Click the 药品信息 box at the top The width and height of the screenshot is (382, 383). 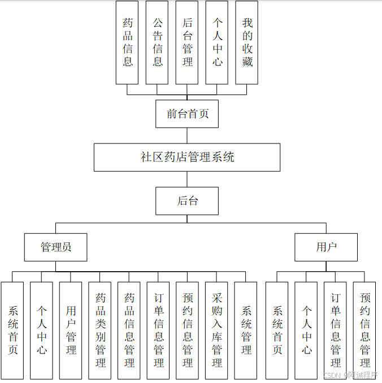[127, 42]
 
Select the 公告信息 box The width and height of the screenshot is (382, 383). [157, 42]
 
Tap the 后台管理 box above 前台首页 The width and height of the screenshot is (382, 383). [187, 42]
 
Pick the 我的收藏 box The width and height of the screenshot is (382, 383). [247, 42]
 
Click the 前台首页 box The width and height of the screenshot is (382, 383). [187, 114]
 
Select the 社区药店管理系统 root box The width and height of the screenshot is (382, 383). [187, 157]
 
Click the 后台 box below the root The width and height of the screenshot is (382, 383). [187, 201]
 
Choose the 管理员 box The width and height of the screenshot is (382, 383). [55, 247]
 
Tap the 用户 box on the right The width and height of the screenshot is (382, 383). [326, 247]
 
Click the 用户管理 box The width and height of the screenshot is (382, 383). [71, 330]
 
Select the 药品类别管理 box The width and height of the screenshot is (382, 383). [100, 330]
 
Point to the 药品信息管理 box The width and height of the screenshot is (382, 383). [129, 330]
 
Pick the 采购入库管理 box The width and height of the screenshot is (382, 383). [217, 330]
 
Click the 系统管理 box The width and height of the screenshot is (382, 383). [246, 330]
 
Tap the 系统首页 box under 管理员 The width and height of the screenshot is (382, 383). [12, 330]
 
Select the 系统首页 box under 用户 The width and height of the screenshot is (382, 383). [277, 330]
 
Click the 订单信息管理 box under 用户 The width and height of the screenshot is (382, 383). [335, 330]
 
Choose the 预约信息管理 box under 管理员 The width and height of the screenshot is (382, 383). [188, 330]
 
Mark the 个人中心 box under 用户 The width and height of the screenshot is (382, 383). [306, 330]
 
